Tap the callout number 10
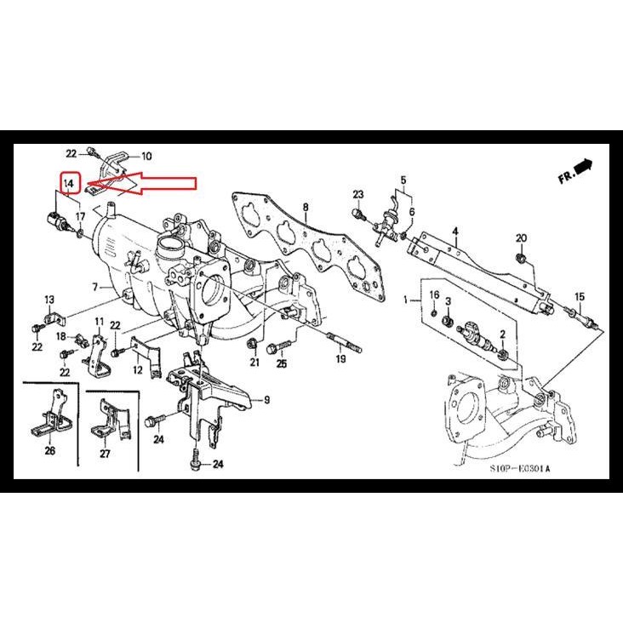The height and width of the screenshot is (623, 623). (x=146, y=156)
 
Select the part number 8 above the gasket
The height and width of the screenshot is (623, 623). (x=306, y=207)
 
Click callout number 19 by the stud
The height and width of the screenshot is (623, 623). (x=340, y=360)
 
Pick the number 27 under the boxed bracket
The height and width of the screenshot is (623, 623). (x=105, y=454)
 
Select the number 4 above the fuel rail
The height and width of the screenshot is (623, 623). (x=455, y=231)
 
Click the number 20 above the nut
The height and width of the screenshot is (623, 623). (x=522, y=237)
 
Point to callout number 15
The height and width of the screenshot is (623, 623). (x=580, y=296)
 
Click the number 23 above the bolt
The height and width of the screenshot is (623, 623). (x=358, y=195)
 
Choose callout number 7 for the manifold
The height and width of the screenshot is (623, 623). (x=95, y=287)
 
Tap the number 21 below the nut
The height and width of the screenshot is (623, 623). (x=254, y=363)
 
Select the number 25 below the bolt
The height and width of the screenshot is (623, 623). (x=282, y=364)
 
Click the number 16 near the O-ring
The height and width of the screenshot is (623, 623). (x=433, y=294)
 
